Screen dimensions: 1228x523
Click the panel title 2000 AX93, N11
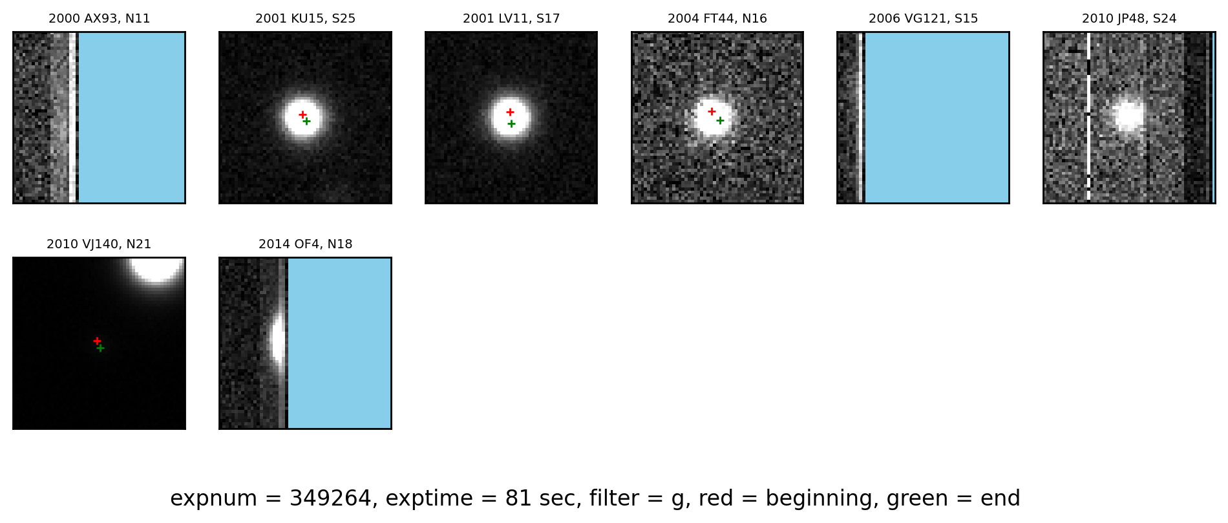click(100, 19)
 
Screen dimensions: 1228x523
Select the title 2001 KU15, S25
click(305, 19)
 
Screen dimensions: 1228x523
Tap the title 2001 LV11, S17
click(511, 19)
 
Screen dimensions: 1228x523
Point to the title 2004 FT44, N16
click(717, 19)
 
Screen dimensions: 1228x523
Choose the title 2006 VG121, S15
click(923, 19)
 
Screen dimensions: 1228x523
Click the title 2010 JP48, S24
click(1129, 19)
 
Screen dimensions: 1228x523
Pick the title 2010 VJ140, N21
click(99, 244)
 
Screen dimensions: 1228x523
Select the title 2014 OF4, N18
click(305, 244)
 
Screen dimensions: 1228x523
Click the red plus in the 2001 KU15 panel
click(302, 114)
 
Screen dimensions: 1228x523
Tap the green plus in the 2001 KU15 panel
click(306, 121)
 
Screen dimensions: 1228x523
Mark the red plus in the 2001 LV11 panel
click(510, 112)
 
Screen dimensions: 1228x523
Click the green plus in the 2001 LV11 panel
click(511, 123)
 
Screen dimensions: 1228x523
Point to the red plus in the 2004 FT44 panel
click(712, 111)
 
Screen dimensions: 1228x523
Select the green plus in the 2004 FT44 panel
click(720, 120)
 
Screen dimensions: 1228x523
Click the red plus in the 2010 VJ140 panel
click(97, 341)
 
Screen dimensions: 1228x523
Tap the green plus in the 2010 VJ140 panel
click(100, 348)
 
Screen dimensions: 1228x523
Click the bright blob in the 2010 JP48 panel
click(1128, 116)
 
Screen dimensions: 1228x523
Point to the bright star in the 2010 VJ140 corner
click(156, 268)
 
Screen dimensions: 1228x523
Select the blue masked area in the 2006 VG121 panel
click(937, 118)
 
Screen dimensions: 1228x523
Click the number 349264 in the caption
click(330, 498)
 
